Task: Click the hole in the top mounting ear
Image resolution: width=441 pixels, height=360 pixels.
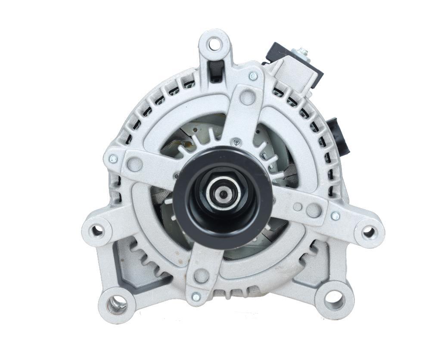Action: [x=214, y=44]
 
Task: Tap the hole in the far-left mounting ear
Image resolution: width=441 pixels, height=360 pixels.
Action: [x=97, y=231]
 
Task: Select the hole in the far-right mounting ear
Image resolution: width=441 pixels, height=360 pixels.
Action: [x=369, y=232]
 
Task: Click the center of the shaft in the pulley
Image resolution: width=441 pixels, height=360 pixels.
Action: [x=223, y=194]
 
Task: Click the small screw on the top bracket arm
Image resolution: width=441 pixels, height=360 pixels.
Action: [x=253, y=76]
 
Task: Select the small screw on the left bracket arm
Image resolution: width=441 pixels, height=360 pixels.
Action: [x=113, y=159]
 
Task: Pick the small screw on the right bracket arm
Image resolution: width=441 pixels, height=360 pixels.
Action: [x=335, y=216]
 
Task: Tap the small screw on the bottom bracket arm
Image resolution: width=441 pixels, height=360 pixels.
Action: [x=196, y=297]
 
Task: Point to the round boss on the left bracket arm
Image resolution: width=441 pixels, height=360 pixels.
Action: [x=135, y=164]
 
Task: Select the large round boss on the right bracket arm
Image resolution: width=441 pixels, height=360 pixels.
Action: [x=314, y=210]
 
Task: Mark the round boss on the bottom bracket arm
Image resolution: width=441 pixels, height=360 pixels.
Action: [x=201, y=275]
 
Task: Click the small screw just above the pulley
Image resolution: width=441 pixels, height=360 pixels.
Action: [x=236, y=141]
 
